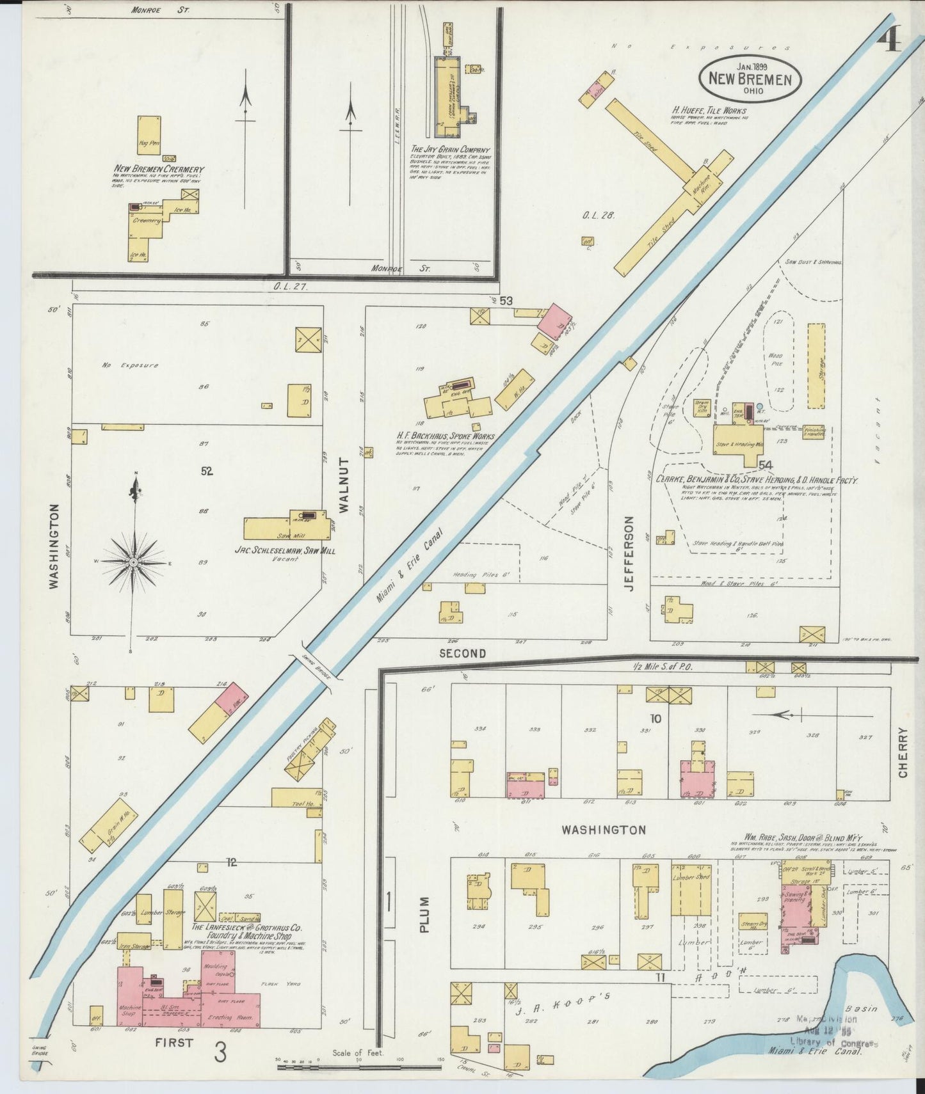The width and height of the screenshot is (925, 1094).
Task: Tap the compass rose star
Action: (134, 562)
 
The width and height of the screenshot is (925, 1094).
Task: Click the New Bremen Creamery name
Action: (159, 169)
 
